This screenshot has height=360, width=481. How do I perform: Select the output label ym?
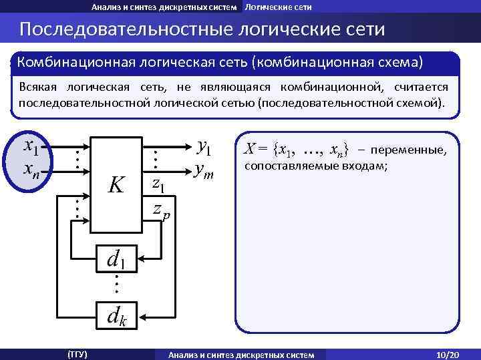[x=203, y=171]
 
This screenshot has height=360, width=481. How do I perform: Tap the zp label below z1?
[x=161, y=210]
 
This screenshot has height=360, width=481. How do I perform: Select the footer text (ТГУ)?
[x=77, y=354]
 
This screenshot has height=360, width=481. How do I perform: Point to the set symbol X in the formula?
[x=249, y=149]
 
